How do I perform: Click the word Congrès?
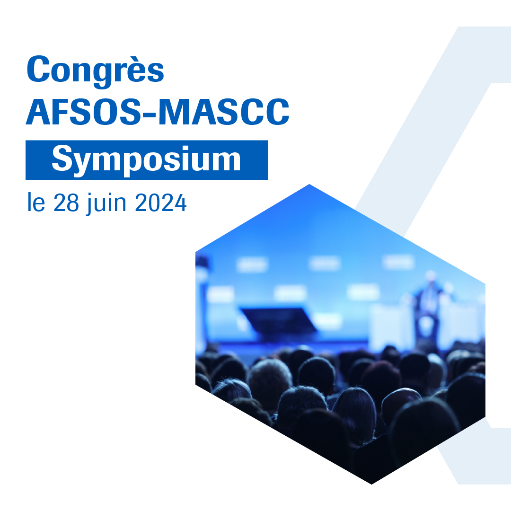[x=95, y=70]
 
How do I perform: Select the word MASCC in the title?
[x=224, y=111]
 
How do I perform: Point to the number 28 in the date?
[x=66, y=203]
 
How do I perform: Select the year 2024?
[x=161, y=203]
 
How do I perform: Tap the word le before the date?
[x=36, y=202]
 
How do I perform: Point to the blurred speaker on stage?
[x=430, y=306]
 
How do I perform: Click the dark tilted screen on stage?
[x=279, y=320]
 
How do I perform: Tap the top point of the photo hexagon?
[x=309, y=185]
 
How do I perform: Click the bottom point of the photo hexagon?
[x=371, y=484]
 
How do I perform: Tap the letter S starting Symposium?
[x=62, y=158]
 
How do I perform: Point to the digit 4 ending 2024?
[x=181, y=203]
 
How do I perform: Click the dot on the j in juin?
[x=90, y=195]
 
